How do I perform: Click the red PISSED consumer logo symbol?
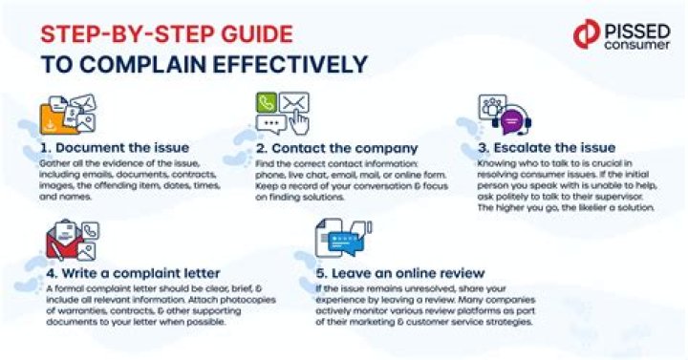[x=587, y=33]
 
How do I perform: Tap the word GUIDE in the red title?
[x=257, y=34]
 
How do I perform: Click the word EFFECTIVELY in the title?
[x=290, y=65]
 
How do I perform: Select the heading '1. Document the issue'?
[x=115, y=148]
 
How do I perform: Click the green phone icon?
[x=267, y=103]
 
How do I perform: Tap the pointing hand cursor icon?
[x=300, y=122]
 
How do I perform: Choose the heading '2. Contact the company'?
[x=337, y=148]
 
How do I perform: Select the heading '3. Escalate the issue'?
[x=547, y=148]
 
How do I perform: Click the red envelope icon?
[x=64, y=245]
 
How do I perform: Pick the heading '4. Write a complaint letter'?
[x=133, y=273]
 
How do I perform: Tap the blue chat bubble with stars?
[x=347, y=242]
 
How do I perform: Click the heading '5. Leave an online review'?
[x=400, y=273]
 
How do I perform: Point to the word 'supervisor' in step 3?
[x=617, y=197]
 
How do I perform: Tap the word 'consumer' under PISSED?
[x=637, y=44]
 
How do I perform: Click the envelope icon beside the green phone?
[x=294, y=102]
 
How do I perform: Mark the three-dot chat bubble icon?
[x=271, y=124]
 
